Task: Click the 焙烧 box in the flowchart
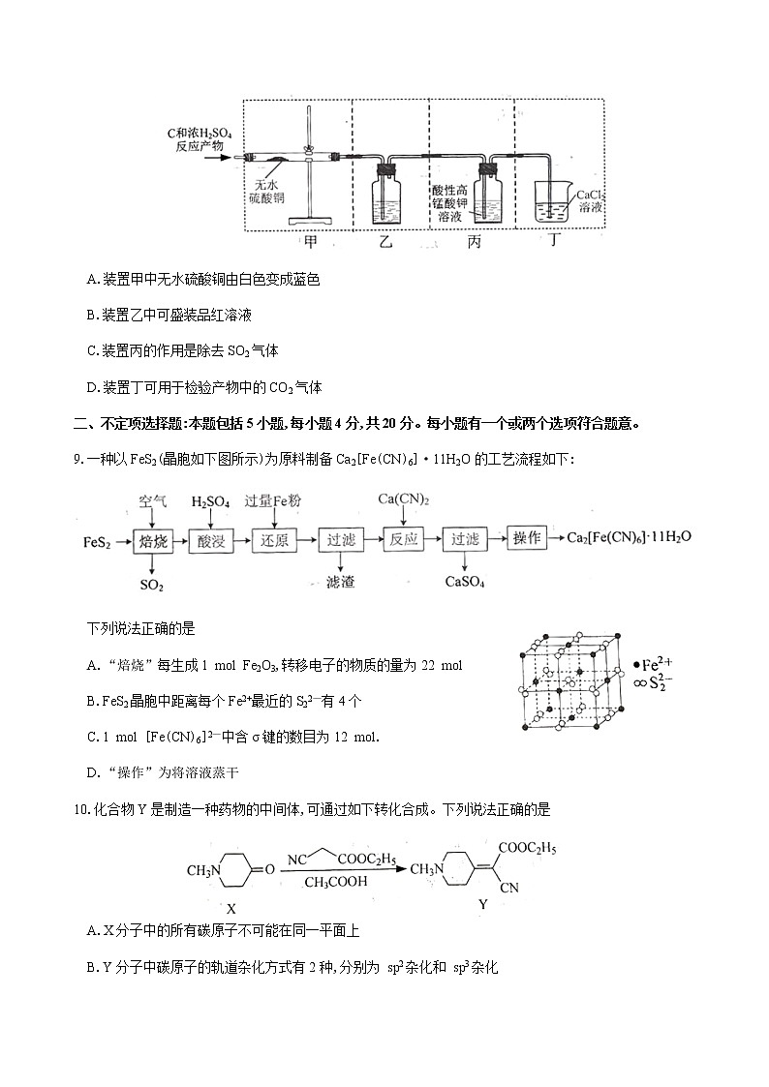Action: [x=154, y=540]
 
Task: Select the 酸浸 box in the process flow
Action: [x=211, y=540]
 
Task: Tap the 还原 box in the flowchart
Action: [x=271, y=540]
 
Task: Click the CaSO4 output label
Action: [x=464, y=582]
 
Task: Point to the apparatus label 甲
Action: [x=310, y=242]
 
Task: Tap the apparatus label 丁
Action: [x=554, y=242]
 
